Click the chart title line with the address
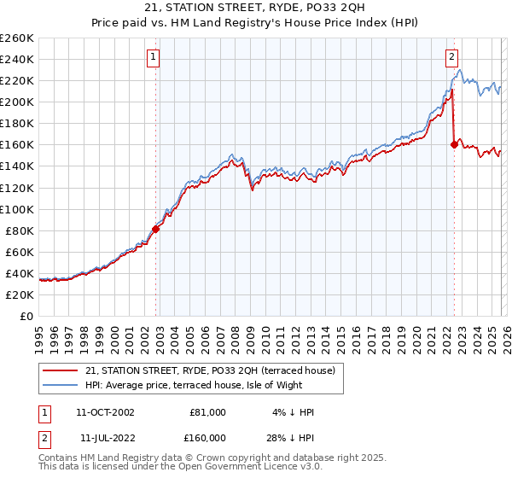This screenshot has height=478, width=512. (x=256, y=9)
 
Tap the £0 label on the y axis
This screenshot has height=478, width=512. (x=26, y=316)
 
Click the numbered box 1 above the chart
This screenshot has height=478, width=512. (x=153, y=57)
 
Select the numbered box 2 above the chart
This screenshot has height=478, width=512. (x=451, y=57)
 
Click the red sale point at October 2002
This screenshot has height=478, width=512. (x=155, y=229)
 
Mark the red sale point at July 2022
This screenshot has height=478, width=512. (x=454, y=144)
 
